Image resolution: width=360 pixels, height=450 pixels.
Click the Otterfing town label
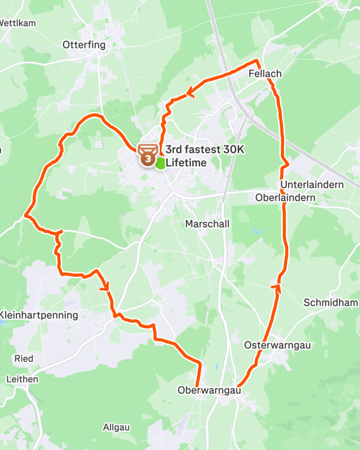point(84,45)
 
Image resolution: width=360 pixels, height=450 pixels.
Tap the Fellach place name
point(265,73)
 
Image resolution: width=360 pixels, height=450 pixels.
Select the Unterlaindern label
point(312,185)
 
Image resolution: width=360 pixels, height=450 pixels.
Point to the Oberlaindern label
point(285,198)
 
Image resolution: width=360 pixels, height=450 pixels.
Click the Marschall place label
point(207,224)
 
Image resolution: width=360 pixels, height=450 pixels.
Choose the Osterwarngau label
point(277,345)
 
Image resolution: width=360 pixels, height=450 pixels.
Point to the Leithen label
point(22,379)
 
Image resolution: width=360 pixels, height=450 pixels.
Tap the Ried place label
point(24,359)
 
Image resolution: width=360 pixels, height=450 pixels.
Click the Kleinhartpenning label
point(39,315)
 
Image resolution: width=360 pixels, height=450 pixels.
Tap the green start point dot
point(160,163)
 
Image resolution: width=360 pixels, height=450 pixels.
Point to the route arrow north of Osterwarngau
point(277,287)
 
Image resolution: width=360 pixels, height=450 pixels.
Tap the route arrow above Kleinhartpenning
point(105,288)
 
